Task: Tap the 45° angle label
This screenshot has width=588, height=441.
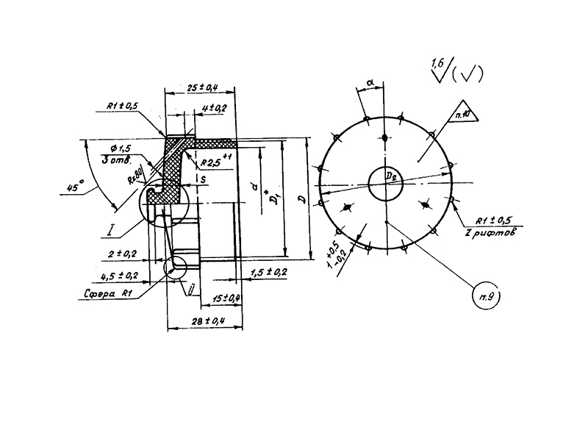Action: pos(73,188)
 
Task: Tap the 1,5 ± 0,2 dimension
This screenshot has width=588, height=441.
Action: pos(268,273)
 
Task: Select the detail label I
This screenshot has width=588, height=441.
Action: pos(109,233)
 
